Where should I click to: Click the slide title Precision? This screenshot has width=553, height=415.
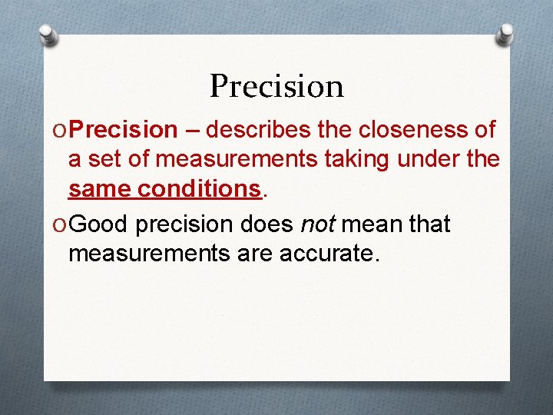click(276, 86)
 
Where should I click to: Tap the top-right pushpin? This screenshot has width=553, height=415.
click(505, 35)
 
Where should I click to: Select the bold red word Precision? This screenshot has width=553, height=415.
click(127, 130)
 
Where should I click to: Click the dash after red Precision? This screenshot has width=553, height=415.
click(192, 130)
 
